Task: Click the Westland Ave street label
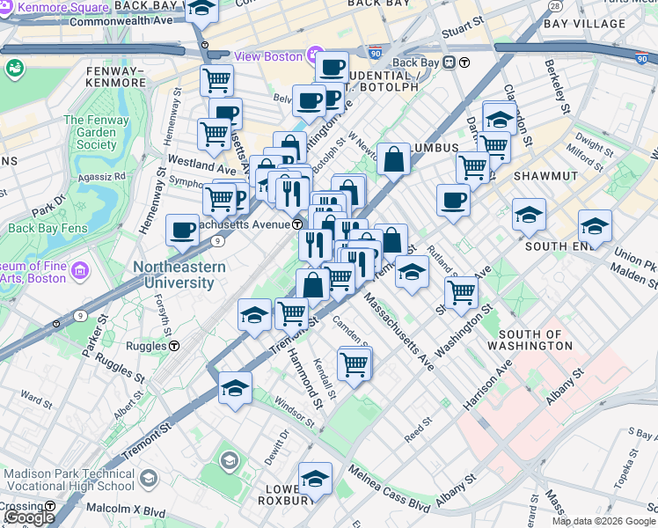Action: coord(202,165)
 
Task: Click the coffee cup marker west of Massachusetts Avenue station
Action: coord(182,230)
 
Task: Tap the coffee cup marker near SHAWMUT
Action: coord(453,200)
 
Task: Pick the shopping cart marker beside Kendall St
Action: coord(354,362)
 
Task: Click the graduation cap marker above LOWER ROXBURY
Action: coord(315,478)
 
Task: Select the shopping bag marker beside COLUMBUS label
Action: coord(394,159)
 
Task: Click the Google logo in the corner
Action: coord(28,517)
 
